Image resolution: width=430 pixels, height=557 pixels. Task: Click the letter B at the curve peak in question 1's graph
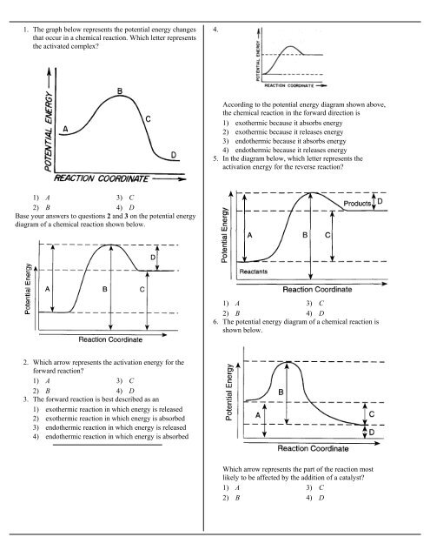pos(118,91)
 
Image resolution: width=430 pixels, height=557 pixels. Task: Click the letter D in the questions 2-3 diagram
pos(153,258)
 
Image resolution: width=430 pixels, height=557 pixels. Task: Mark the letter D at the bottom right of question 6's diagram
pos(371,432)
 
